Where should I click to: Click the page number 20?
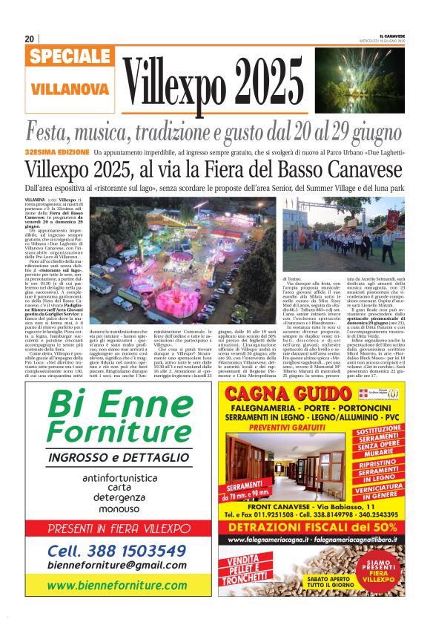click(x=29, y=39)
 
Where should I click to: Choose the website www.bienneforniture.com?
click(x=117, y=585)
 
